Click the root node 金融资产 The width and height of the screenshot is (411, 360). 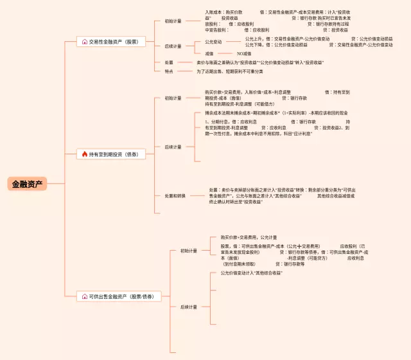point(28,184)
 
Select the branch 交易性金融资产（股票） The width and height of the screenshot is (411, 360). point(114,42)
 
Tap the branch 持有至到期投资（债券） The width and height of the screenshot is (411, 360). point(114,154)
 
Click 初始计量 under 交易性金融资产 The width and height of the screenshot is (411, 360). point(173,21)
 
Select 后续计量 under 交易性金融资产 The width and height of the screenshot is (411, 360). point(173,46)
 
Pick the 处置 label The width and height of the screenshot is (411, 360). point(169,62)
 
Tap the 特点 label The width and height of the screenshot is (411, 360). point(169,71)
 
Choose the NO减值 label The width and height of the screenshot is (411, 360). point(244,53)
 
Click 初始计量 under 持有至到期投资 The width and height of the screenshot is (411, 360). point(173,98)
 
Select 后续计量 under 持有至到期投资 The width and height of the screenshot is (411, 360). point(173,147)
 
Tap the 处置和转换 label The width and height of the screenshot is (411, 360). point(175,195)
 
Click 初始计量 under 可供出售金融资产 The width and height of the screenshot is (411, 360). point(189,251)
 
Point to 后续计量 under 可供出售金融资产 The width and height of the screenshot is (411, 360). point(189,307)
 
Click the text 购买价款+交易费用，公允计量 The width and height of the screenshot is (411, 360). point(249,237)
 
